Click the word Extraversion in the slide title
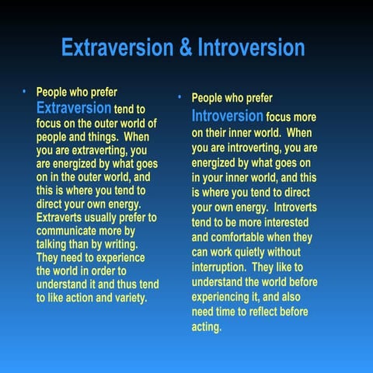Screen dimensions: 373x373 [120, 49]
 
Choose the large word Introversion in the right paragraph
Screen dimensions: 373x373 [227, 116]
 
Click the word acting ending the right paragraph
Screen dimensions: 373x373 [207, 327]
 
